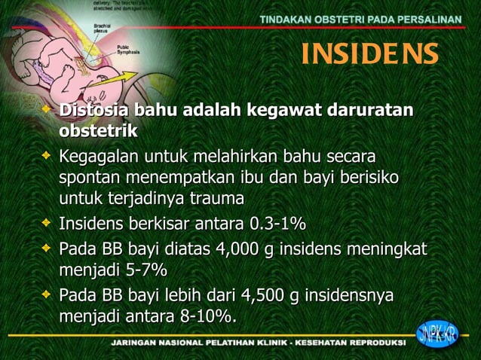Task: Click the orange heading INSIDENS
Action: [369, 54]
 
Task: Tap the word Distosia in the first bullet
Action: [93, 111]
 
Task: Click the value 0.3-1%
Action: [277, 225]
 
